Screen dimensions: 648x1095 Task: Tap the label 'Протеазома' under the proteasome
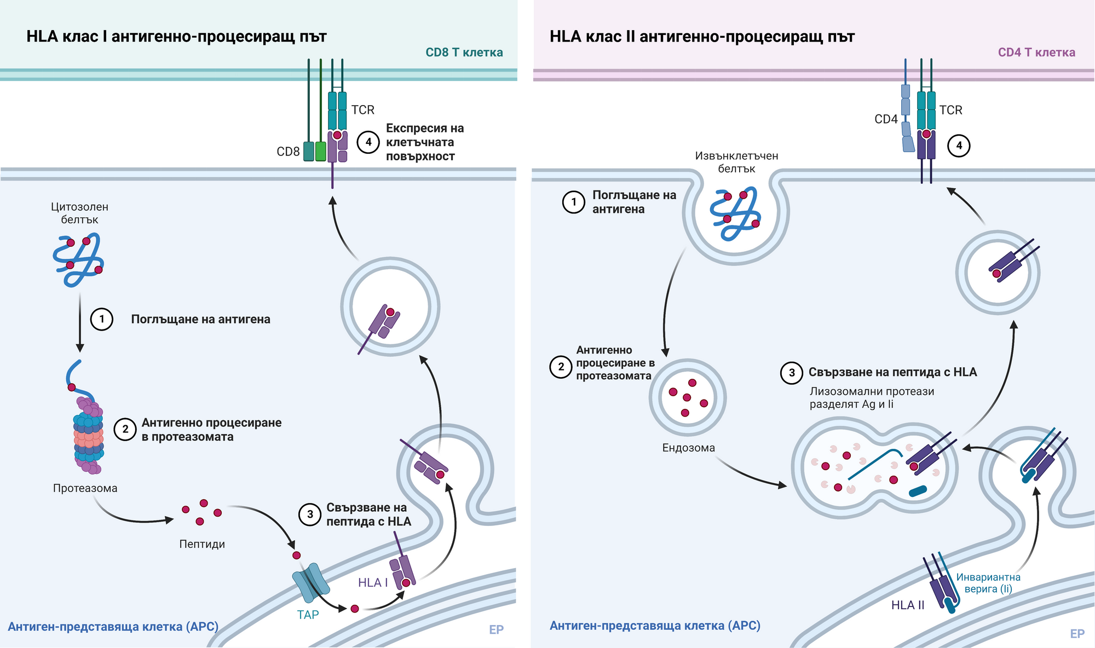point(85,488)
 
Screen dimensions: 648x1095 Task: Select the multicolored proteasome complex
point(88,436)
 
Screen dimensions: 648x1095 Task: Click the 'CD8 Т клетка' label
point(464,53)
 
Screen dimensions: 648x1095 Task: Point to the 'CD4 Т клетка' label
point(1036,53)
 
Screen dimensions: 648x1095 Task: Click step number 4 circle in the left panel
point(368,142)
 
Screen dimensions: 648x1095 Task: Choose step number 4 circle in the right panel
point(959,146)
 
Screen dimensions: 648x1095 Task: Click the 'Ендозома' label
point(688,448)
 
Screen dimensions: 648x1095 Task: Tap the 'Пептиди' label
point(202,544)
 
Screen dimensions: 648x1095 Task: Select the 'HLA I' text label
point(373,583)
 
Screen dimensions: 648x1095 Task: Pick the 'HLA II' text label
point(908,605)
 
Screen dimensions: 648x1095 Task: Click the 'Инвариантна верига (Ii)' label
point(988,583)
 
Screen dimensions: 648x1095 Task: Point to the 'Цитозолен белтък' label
point(79,213)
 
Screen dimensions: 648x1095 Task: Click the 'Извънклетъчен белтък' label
point(736,162)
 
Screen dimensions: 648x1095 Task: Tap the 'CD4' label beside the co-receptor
point(886,119)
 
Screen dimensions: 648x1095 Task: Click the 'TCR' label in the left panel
point(363,110)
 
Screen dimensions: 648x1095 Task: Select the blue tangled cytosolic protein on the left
point(78,259)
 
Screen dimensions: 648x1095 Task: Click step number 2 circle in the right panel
point(561,367)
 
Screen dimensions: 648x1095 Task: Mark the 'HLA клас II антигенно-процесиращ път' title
point(702,37)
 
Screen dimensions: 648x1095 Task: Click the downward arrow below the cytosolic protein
point(80,323)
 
